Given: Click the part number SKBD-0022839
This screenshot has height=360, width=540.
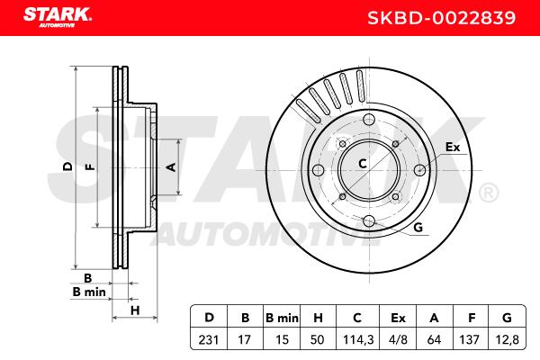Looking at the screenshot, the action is tap(442, 18).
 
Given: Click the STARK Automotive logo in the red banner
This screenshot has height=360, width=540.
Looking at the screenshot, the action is tap(58, 17).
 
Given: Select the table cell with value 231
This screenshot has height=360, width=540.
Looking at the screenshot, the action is tap(209, 339).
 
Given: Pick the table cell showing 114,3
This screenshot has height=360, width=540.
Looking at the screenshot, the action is tap(358, 339).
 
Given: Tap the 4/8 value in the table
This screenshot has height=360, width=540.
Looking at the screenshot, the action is tap(398, 339).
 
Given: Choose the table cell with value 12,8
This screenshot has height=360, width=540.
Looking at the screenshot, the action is tap(508, 339).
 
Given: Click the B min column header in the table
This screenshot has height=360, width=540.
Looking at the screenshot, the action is tap(282, 318).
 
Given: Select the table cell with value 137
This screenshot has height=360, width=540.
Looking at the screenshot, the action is tap(470, 339).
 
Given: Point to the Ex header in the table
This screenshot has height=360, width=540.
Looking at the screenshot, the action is tap(398, 318).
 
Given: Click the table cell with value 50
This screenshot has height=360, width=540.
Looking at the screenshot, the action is tap(317, 339).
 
